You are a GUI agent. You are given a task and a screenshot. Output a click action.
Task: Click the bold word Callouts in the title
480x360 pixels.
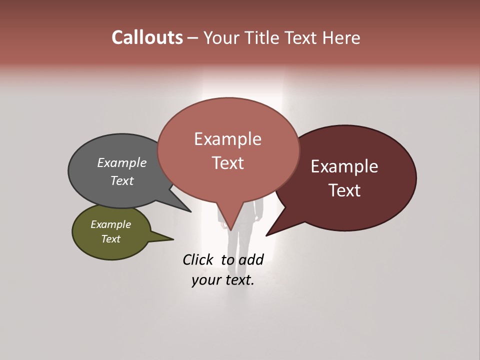click(147, 37)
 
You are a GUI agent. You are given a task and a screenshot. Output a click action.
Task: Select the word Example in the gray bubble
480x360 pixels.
click(122, 163)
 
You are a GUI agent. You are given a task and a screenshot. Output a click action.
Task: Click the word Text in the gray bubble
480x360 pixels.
click(122, 181)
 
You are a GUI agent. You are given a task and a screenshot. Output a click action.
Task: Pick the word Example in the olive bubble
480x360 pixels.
click(111, 224)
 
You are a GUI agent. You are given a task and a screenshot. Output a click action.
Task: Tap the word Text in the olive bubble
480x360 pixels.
click(111, 239)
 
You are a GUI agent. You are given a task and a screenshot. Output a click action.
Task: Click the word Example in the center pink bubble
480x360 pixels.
click(227, 139)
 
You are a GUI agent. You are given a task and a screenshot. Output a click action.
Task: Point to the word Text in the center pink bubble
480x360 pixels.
click(227, 163)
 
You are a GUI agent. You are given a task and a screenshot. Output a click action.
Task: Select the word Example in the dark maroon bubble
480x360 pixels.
click(344, 166)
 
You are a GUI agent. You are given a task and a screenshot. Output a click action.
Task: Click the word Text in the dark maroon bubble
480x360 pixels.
click(344, 190)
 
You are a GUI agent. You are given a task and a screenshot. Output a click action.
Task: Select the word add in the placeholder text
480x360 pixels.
click(251, 259)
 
